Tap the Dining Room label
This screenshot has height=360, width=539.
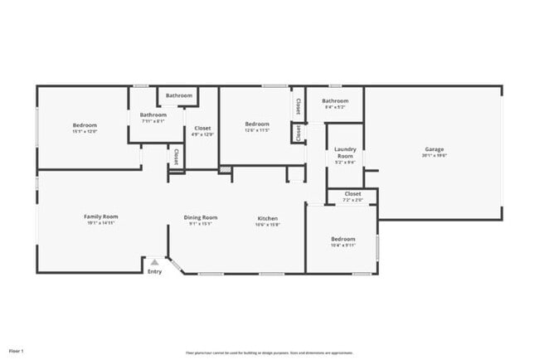(201, 216)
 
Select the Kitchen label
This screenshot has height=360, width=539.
(267, 216)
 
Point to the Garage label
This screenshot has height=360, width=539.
(434, 149)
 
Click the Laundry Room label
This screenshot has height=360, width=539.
(345, 153)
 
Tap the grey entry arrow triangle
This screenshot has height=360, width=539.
(154, 262)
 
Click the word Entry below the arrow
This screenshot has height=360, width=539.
(154, 272)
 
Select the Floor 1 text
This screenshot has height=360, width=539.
(17, 351)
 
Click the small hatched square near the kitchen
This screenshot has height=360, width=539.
(225, 170)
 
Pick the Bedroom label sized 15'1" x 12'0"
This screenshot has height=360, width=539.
(85, 125)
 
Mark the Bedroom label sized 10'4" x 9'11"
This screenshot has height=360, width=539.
(342, 238)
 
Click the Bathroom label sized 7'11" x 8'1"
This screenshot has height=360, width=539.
(153, 114)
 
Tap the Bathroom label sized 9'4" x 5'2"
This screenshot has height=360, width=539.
(335, 100)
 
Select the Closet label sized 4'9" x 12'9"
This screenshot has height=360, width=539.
(202, 128)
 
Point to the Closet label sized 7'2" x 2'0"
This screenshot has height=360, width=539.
(352, 193)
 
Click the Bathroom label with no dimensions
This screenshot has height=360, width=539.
(178, 95)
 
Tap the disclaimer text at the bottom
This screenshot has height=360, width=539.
(270, 352)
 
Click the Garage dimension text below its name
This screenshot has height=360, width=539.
(434, 155)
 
